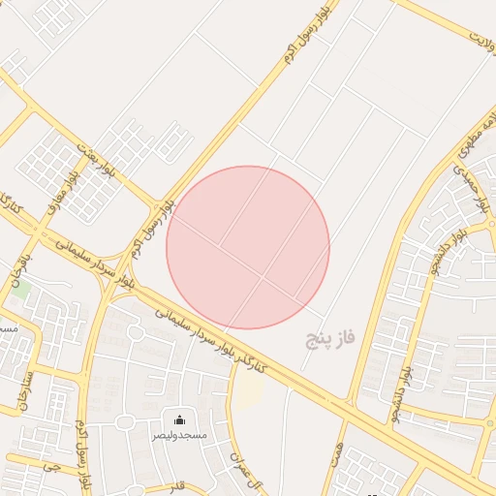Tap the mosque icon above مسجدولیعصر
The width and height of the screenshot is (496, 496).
pyautogui.click(x=179, y=420)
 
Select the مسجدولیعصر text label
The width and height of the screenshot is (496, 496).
pyautogui.click(x=179, y=436)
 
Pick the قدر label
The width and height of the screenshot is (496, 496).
pyautogui.click(x=175, y=484)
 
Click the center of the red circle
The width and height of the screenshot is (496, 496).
pyautogui.click(x=248, y=247)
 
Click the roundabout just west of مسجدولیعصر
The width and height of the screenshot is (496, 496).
pyautogui.click(x=125, y=422)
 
